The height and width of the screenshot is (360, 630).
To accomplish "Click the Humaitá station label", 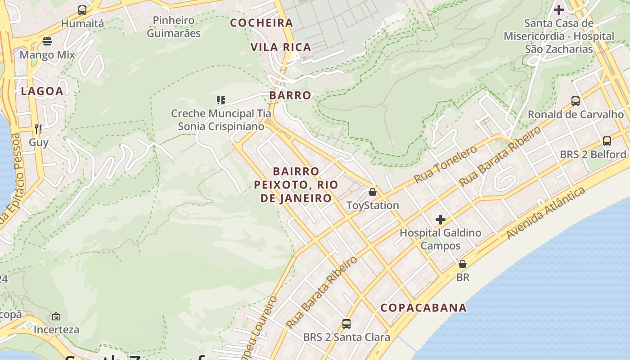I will [x=82, y=23].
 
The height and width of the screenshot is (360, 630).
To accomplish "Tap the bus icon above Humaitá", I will [x=82, y=10].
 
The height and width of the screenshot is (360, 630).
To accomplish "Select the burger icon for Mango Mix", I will [x=47, y=41].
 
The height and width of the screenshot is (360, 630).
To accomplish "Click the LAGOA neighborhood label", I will [x=42, y=91].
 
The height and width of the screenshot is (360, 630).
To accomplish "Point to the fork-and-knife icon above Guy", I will [x=38, y=129].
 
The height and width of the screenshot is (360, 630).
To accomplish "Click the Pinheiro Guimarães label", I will [x=174, y=27].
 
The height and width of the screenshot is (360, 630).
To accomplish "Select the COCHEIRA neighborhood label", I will [x=261, y=22].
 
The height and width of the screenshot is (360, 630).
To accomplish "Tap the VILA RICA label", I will [x=281, y=47].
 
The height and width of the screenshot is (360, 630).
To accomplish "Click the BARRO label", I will [x=290, y=95].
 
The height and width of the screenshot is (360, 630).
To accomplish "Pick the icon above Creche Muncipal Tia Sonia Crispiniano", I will [x=220, y=100].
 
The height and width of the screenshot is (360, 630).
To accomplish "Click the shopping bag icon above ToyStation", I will [x=373, y=192].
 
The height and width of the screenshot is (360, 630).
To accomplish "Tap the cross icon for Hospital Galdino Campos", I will [x=441, y=220].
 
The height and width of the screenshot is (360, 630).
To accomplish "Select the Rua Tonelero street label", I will [x=445, y=164].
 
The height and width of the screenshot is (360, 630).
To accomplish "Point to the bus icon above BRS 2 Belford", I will [x=607, y=141].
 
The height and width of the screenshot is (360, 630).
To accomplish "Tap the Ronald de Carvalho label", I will [x=576, y=114].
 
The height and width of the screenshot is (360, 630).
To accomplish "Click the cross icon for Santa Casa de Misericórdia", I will [x=559, y=9].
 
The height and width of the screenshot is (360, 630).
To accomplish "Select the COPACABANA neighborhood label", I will [x=423, y=308].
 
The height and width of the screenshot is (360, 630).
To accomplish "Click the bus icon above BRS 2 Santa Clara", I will [x=346, y=324].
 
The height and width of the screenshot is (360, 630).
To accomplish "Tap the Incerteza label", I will [x=56, y=329].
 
